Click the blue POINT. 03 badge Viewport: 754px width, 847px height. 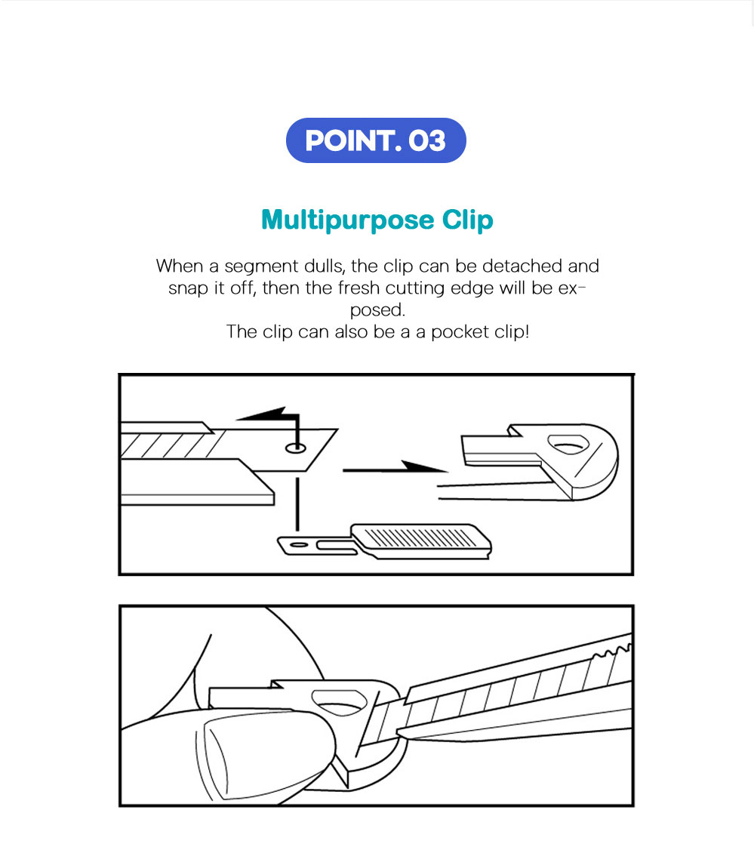tap(376, 140)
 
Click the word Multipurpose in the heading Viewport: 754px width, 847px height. tap(347, 220)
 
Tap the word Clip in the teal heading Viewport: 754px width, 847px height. tap(468, 220)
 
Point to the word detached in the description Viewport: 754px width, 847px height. tap(522, 266)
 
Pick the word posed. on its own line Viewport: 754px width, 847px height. tap(377, 310)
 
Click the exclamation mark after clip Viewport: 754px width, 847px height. tap(527, 331)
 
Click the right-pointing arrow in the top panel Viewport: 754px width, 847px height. tap(395, 468)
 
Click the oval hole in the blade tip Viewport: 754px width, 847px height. tap(295, 448)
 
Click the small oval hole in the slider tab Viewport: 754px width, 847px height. tap(299, 544)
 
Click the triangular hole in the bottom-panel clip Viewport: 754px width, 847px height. tap(339, 702)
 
